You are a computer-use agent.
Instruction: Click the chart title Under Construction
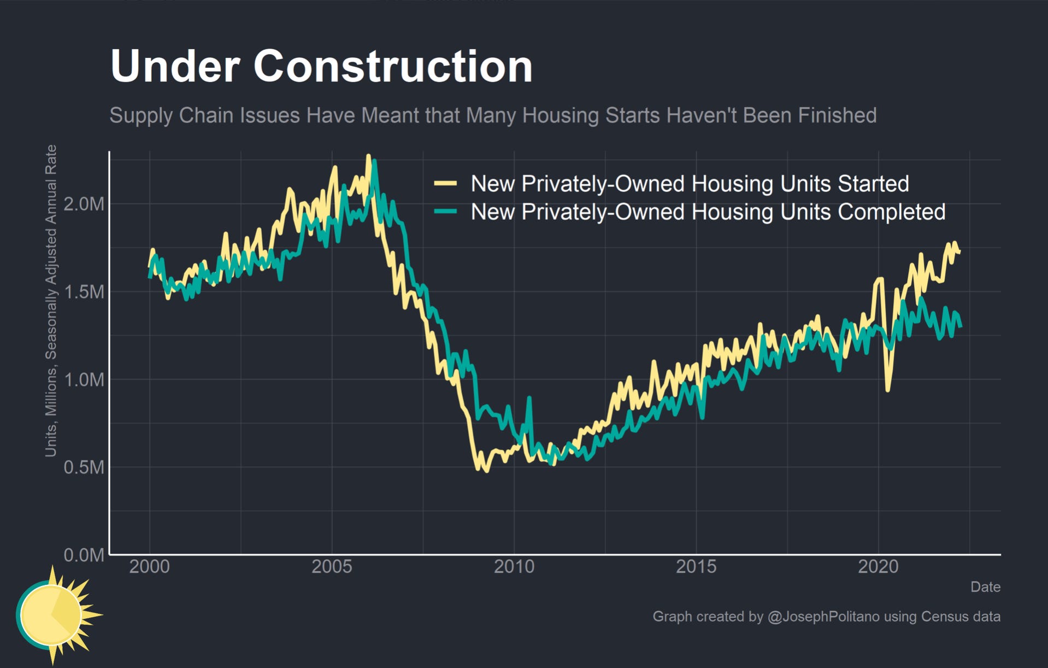(321, 66)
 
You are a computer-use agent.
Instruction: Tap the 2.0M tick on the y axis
(84, 204)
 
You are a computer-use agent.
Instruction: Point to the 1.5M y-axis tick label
(84, 292)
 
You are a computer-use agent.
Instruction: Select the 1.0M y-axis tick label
(84, 379)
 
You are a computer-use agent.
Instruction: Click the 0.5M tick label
(84, 467)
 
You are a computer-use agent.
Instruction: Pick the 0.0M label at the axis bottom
(84, 555)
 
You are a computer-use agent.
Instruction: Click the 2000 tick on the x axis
(149, 567)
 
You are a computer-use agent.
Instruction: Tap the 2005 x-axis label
(332, 567)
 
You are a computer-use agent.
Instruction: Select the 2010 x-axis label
(514, 567)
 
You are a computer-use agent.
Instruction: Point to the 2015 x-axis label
(696, 567)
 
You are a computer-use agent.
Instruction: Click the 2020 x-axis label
(878, 567)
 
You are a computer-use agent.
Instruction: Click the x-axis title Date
(985, 587)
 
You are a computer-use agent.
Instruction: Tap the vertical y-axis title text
(51, 301)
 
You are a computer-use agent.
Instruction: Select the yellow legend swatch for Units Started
(445, 184)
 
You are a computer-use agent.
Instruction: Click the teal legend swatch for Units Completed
(445, 212)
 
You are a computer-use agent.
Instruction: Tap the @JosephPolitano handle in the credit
(823, 617)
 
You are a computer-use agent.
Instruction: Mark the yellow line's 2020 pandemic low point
(888, 389)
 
